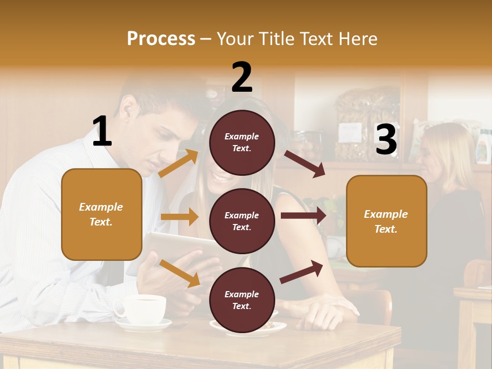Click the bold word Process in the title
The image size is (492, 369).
point(161,38)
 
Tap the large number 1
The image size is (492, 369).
point(102,131)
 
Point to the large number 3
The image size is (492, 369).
point(386,139)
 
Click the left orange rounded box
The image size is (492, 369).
point(101,214)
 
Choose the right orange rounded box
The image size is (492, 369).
point(386,221)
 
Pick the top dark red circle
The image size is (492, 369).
point(242,142)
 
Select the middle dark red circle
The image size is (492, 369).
point(242,221)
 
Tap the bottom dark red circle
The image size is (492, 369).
point(242,300)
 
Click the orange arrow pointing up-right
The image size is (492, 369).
point(178,163)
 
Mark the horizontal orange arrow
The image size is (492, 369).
point(179,217)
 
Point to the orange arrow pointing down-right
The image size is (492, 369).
point(180,273)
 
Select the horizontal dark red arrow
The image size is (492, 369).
point(303,215)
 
